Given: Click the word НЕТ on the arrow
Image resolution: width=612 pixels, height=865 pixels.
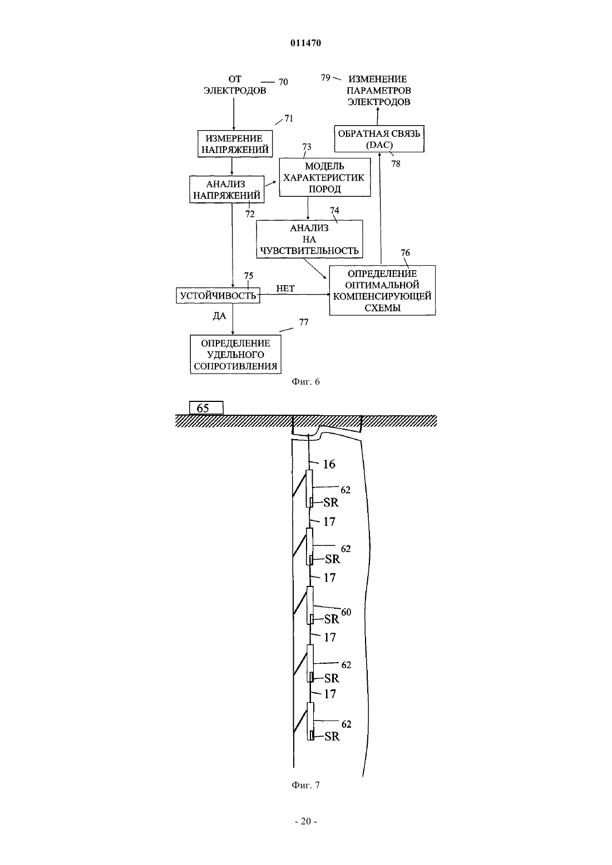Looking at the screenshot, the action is (x=285, y=289).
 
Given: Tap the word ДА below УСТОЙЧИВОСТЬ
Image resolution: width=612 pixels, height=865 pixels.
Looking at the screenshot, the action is (x=219, y=316).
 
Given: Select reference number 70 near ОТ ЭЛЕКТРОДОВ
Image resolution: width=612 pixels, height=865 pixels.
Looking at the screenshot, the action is (x=283, y=82).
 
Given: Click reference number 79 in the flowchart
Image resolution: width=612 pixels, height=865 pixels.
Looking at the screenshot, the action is (x=325, y=78).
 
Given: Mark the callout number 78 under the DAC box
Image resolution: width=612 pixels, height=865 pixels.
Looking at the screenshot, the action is (x=396, y=164).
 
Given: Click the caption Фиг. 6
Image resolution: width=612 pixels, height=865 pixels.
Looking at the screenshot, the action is (x=305, y=381).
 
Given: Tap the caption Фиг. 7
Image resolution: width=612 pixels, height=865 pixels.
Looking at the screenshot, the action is (x=305, y=785).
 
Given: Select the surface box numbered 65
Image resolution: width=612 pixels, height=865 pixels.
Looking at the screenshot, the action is (x=206, y=408).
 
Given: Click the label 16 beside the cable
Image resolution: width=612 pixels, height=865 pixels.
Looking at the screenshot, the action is (x=329, y=464).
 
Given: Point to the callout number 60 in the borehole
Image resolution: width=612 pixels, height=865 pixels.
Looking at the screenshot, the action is (x=346, y=612).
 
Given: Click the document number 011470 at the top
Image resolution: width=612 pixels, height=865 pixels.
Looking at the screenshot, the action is (x=305, y=43).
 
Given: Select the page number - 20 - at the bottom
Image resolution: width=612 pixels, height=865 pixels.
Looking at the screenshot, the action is (x=306, y=821).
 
